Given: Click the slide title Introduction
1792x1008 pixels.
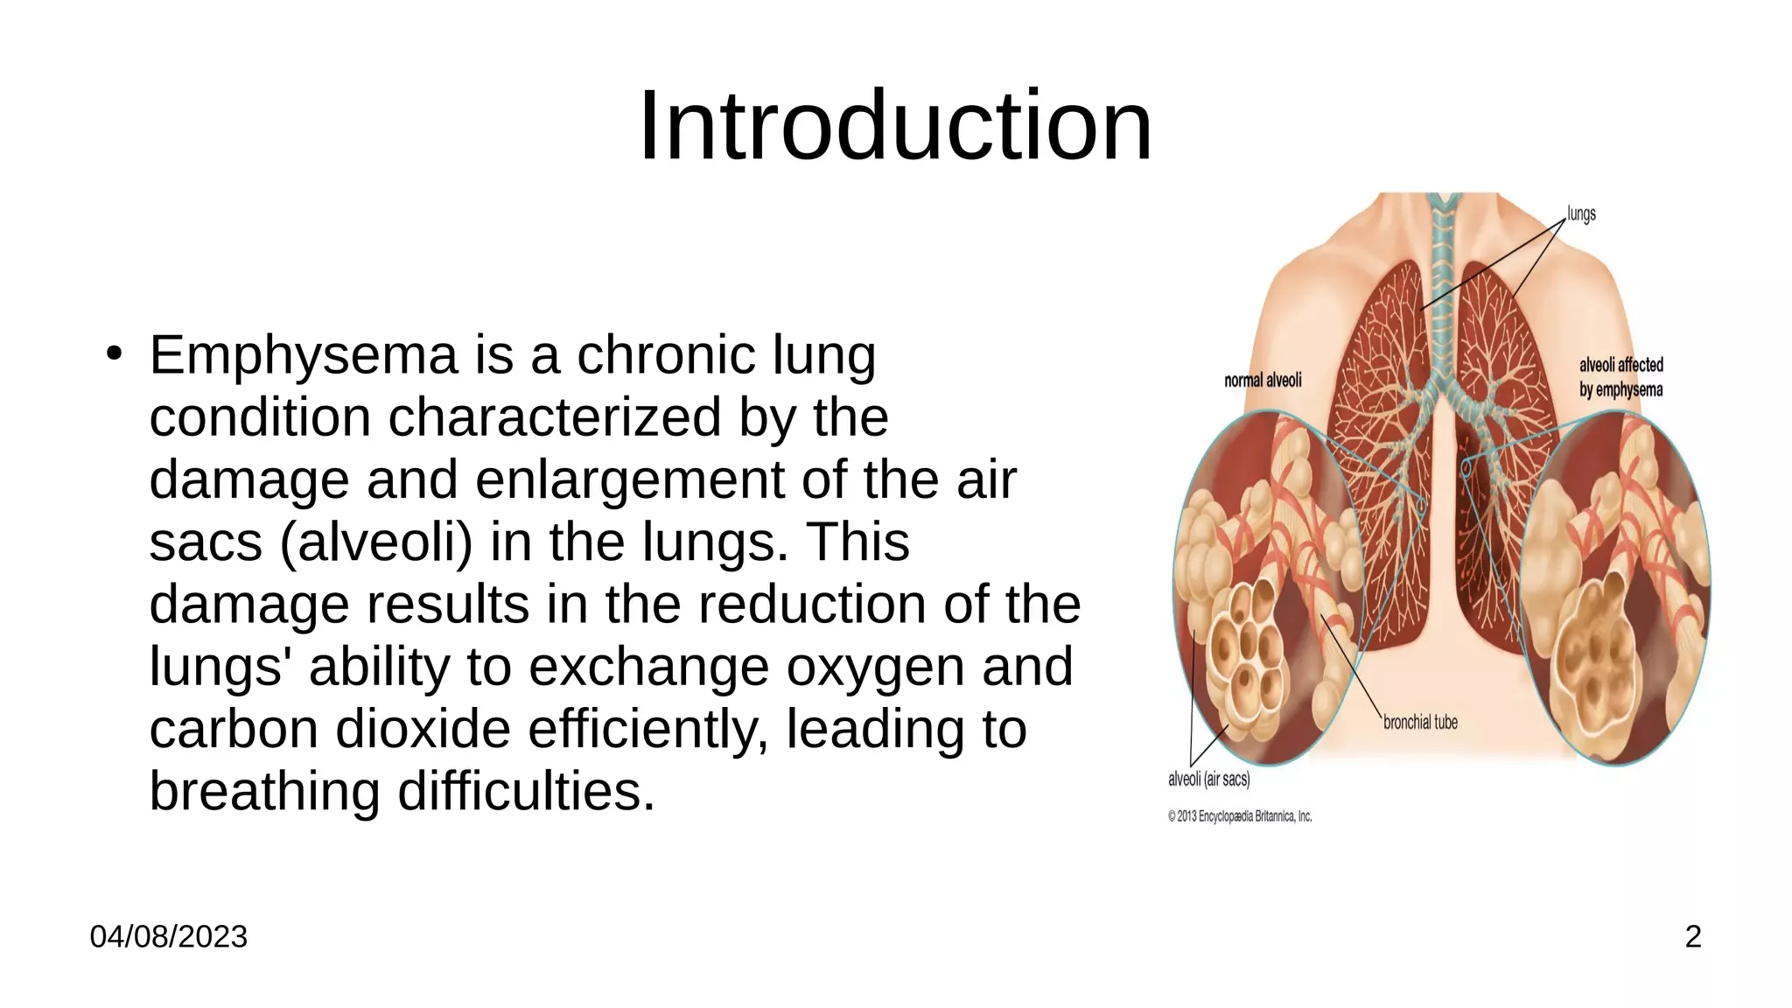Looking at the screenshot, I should pyautogui.click(x=895, y=126).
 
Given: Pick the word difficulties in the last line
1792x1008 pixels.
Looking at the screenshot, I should pyautogui.click(x=526, y=792).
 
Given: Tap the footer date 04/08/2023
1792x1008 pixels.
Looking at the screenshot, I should pyautogui.click(x=169, y=937).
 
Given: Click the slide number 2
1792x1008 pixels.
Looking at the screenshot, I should pyautogui.click(x=1693, y=937).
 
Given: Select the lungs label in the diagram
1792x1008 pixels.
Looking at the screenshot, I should pyautogui.click(x=1581, y=214).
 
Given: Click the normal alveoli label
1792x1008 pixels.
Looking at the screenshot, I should pyautogui.click(x=1263, y=381).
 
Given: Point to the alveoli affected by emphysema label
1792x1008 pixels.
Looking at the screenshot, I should pyautogui.click(x=1620, y=377).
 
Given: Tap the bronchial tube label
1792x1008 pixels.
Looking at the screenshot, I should pyautogui.click(x=1420, y=723).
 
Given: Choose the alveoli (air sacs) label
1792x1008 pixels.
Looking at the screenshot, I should pyautogui.click(x=1209, y=780).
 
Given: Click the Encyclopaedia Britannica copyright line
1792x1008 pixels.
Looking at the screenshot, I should pyautogui.click(x=1240, y=816).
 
